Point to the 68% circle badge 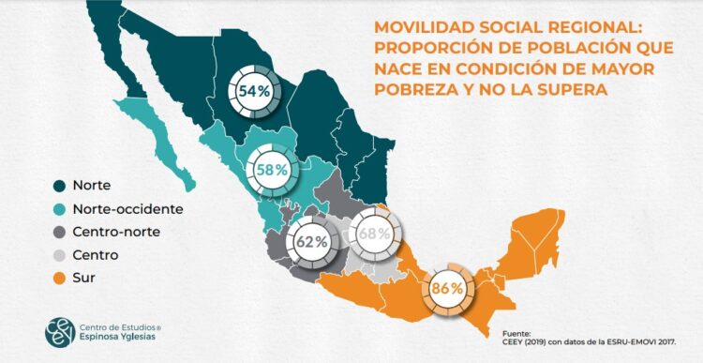[x=373, y=232]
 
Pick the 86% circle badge [x=447, y=288]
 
